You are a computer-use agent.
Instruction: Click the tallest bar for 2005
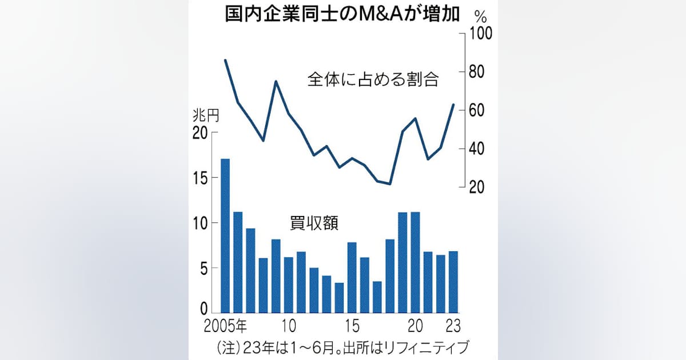point(225,235)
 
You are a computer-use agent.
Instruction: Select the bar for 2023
point(453,282)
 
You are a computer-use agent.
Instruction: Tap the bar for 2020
point(415,262)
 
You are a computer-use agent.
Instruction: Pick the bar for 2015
point(352,277)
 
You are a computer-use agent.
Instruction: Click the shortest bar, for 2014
point(340,298)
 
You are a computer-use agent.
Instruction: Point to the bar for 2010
point(289,285)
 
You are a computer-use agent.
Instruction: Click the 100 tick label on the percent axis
point(481,33)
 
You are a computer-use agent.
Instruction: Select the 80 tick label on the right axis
point(477,71)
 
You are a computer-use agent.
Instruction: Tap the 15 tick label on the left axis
point(200,178)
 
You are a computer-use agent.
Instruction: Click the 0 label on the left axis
point(204,309)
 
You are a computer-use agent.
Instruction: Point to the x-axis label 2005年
point(225,326)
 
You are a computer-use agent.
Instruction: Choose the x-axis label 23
point(453,326)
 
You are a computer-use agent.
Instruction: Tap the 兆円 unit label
point(206,116)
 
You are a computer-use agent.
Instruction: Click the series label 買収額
point(314,223)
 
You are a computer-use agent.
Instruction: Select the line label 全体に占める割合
point(373,79)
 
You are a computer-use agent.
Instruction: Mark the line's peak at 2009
point(276,81)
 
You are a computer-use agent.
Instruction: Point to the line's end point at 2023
point(453,105)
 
